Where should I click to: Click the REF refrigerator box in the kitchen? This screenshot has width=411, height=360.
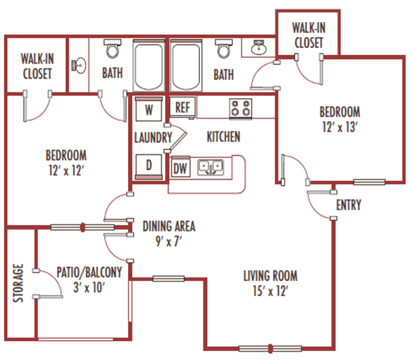[x=182, y=107]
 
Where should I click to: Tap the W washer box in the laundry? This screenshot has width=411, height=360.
[x=149, y=108]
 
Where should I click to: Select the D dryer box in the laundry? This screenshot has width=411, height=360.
[x=149, y=165]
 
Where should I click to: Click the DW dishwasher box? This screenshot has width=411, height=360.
[x=181, y=167]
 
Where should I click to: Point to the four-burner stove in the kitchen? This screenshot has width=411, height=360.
[x=240, y=108]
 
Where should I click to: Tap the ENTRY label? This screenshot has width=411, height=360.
[x=349, y=205]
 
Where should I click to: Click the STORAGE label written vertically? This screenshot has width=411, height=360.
[x=19, y=282]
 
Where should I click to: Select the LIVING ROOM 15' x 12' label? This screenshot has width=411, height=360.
[x=270, y=283]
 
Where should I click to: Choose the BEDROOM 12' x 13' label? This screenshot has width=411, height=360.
[x=339, y=118]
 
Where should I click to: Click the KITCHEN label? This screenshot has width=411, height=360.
[x=223, y=137]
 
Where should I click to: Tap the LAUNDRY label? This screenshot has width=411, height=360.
[x=153, y=137]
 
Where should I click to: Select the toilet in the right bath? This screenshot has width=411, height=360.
[x=223, y=49]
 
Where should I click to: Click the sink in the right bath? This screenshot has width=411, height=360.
[x=260, y=49]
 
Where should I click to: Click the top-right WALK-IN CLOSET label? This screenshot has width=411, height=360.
[x=308, y=35]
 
